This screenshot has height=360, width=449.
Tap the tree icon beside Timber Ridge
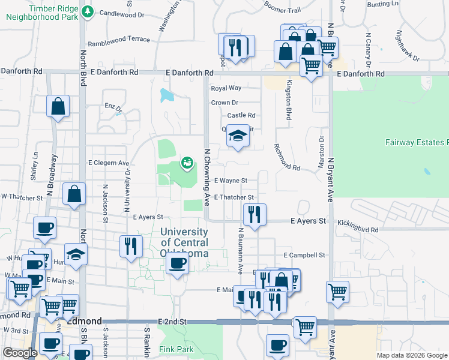[88, 11]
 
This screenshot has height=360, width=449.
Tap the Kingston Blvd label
[289, 100]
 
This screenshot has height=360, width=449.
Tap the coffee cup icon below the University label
[176, 263]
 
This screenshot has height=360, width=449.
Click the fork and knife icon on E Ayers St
[255, 214]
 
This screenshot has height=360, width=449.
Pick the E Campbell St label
[304, 255]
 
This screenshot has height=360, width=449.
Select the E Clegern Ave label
[109, 163]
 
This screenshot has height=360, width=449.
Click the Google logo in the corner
[20, 352]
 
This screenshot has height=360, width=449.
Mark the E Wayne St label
[231, 181]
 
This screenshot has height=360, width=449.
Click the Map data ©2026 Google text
[411, 355]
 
